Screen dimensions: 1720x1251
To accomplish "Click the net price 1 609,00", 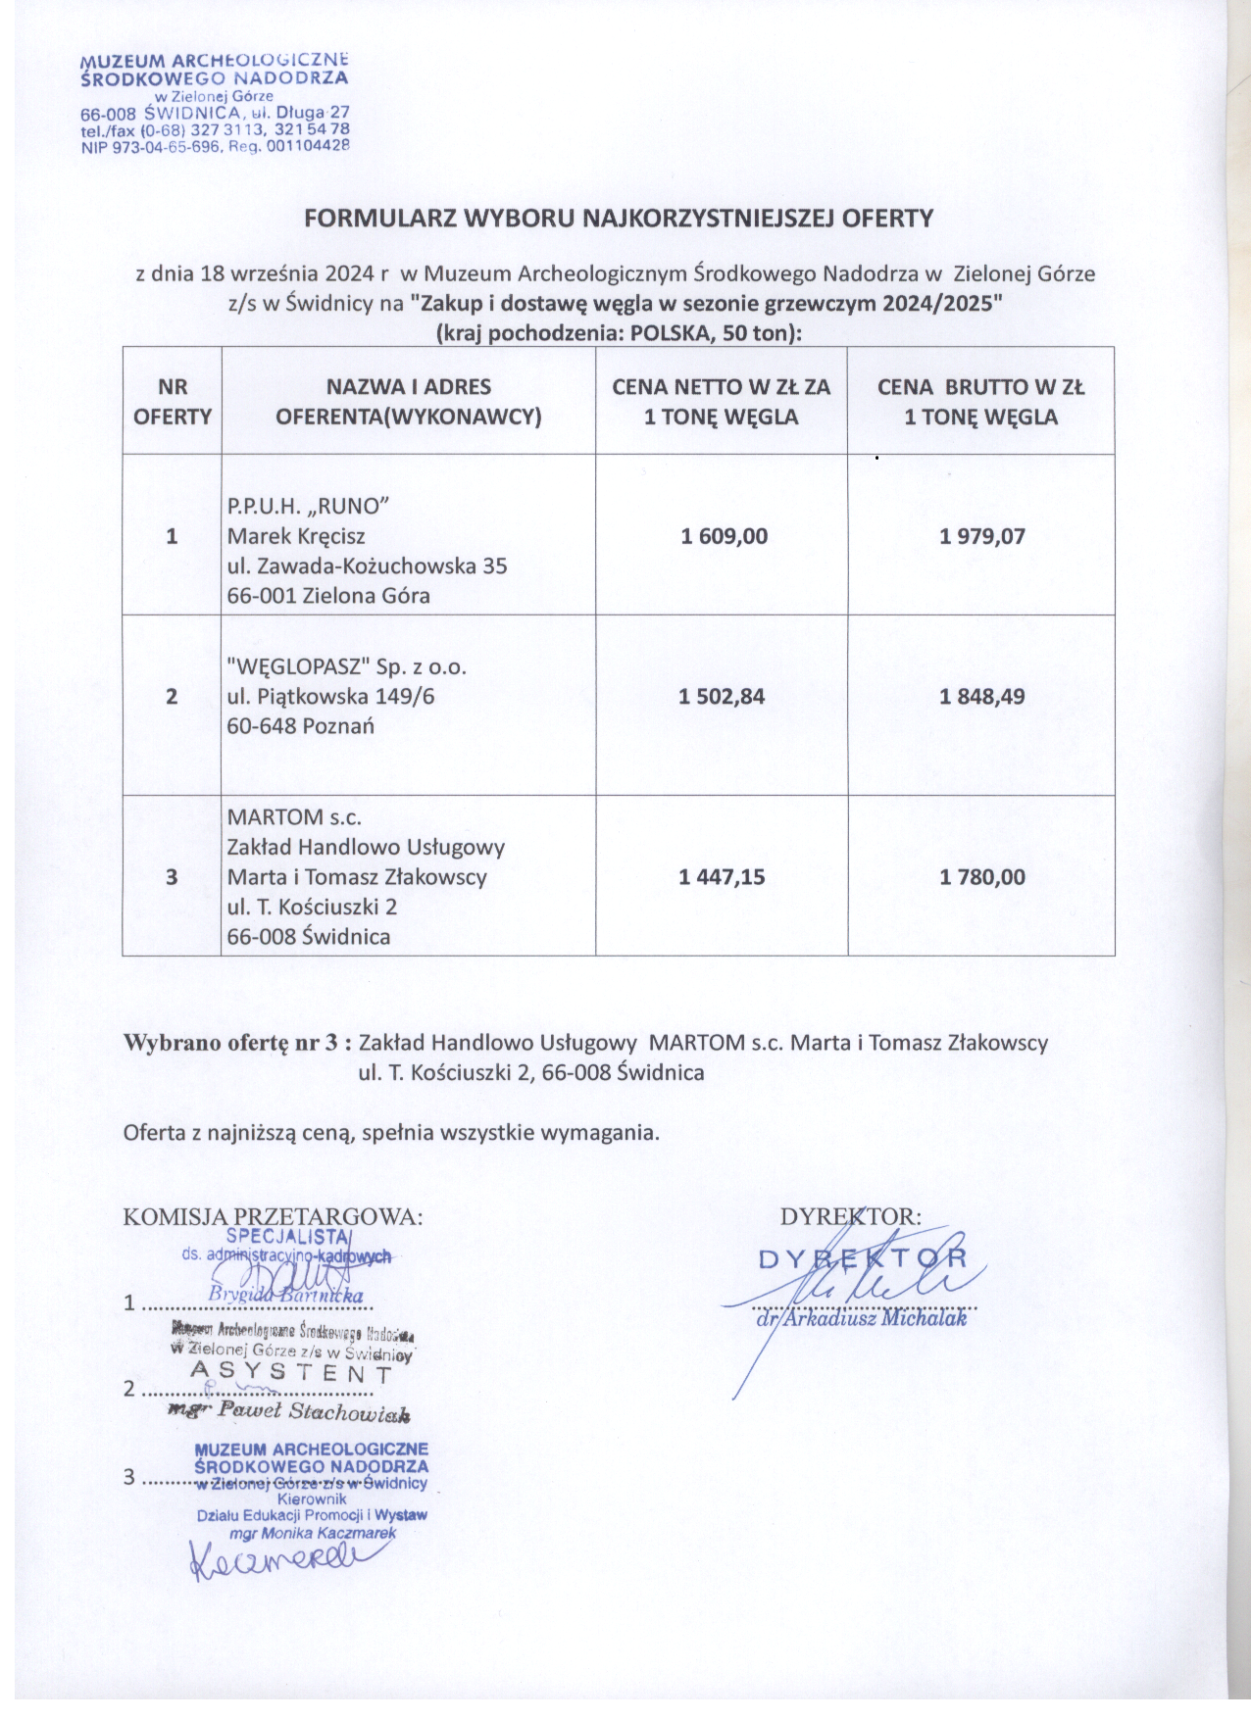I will pyautogui.click(x=724, y=537).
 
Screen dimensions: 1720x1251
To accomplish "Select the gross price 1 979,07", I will pyautogui.click(x=981, y=537).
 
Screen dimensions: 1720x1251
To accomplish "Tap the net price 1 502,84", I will pyautogui.click(x=722, y=698).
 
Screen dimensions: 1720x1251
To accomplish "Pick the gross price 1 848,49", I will pyautogui.click(x=981, y=698).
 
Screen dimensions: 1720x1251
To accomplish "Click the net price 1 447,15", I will pyautogui.click(x=722, y=877).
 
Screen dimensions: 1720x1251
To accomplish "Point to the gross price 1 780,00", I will pyautogui.click(x=981, y=877).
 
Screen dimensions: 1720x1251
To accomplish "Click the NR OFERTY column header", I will pyautogui.click(x=173, y=402).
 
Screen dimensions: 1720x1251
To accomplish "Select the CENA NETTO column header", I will pyautogui.click(x=722, y=402).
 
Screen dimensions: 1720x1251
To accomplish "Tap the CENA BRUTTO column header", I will pyautogui.click(x=980, y=402).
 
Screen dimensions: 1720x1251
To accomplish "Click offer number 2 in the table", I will pyautogui.click(x=173, y=698).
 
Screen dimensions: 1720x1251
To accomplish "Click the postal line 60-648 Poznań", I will pyautogui.click(x=300, y=727).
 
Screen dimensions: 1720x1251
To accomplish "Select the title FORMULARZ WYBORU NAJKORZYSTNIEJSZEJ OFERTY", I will pyautogui.click(x=619, y=218).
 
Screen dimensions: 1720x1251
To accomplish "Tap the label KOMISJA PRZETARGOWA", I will pyautogui.click(x=273, y=1217).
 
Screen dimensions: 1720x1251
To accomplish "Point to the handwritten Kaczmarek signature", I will pyautogui.click(x=275, y=1558).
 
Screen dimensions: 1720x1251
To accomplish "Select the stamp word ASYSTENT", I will pyautogui.click(x=291, y=1372).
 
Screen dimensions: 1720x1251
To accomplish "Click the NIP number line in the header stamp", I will pyautogui.click(x=216, y=146).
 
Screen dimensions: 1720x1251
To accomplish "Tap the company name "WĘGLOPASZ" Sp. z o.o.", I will pyautogui.click(x=346, y=668).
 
